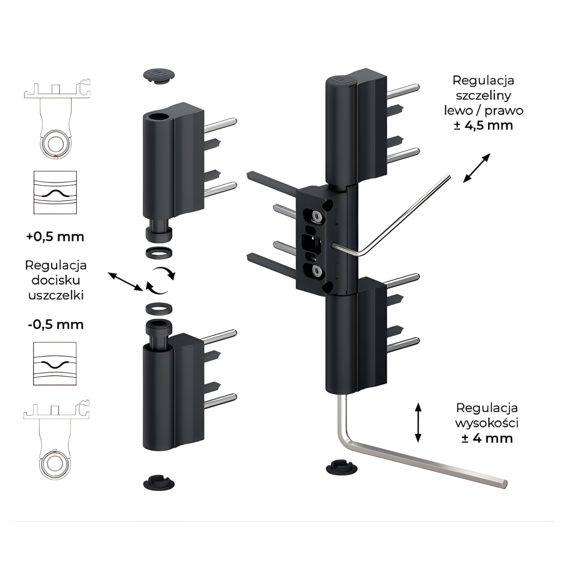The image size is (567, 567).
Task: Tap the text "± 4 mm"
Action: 487,438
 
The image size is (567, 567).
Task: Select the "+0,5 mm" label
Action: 56,236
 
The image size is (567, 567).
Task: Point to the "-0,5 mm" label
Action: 56,325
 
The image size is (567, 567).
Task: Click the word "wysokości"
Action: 487,422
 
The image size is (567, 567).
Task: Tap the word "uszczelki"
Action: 56,296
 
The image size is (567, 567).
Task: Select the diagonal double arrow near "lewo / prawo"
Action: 476,167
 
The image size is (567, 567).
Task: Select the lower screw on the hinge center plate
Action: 316,271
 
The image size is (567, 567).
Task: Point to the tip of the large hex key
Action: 505,483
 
